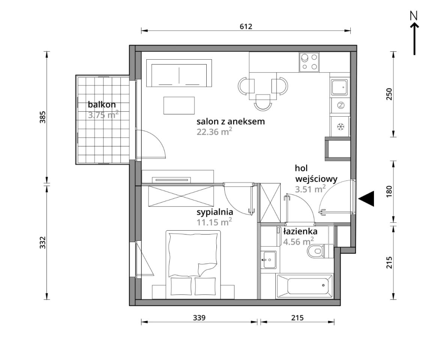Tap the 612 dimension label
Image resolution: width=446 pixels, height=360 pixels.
point(246,27)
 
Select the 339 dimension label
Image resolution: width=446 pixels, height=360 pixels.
point(199,318)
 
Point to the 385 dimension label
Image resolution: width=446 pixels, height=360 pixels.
point(42,117)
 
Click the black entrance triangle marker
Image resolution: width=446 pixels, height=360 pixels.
point(366,199)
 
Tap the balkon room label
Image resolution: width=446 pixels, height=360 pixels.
point(102,105)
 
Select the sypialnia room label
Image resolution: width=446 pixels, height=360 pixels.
point(215,212)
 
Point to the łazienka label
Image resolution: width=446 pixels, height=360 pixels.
point(300,231)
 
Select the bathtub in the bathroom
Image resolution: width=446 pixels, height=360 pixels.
point(305,286)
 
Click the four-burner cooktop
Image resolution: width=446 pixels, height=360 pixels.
point(309,62)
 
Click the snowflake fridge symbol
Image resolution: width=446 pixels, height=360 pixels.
point(340,126)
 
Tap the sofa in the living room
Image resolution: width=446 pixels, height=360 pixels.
point(179,73)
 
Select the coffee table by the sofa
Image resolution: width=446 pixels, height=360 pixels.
point(179,105)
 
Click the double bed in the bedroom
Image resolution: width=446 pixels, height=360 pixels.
point(193,264)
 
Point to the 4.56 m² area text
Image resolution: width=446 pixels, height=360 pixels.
point(299,241)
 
